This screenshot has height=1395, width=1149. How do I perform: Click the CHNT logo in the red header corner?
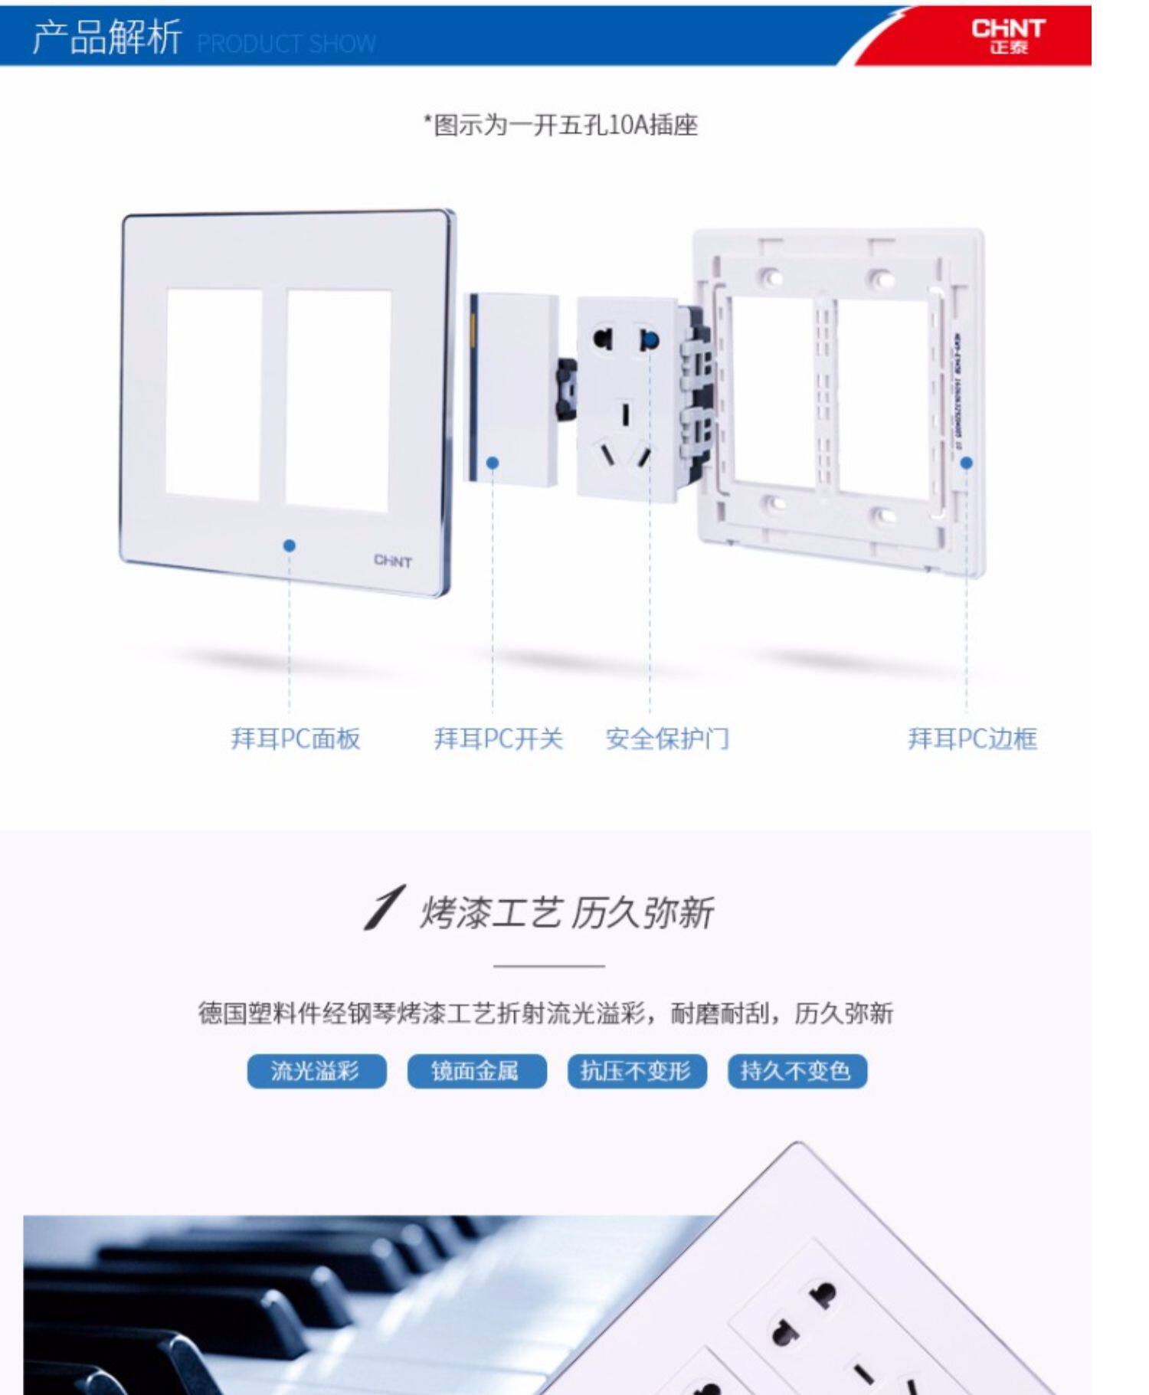click(1007, 36)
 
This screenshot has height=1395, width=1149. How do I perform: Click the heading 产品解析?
click(106, 37)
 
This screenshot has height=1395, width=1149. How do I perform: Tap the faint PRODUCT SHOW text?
click(286, 44)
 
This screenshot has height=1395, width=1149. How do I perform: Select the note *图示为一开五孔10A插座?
click(561, 125)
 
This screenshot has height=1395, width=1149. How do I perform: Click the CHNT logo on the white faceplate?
click(392, 561)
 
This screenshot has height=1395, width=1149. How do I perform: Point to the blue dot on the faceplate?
click(289, 545)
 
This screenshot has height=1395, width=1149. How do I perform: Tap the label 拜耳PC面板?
click(296, 738)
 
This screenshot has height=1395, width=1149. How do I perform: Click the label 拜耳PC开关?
click(498, 738)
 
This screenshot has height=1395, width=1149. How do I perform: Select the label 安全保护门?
click(667, 738)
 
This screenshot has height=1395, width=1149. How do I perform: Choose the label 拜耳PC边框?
click(972, 738)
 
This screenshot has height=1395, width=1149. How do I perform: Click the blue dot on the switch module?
click(493, 463)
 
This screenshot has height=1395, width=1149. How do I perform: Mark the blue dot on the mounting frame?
click(967, 463)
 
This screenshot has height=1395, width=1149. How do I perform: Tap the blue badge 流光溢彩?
click(316, 1070)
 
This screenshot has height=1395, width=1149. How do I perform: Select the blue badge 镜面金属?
click(476, 1070)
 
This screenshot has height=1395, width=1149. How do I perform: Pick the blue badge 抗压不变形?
click(637, 1070)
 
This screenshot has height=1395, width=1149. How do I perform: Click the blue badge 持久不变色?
click(797, 1070)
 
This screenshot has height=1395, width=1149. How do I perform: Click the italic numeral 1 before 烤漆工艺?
click(384, 909)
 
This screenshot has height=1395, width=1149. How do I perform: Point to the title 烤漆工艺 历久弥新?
click(566, 912)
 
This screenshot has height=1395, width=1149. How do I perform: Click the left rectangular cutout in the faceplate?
click(214, 394)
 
